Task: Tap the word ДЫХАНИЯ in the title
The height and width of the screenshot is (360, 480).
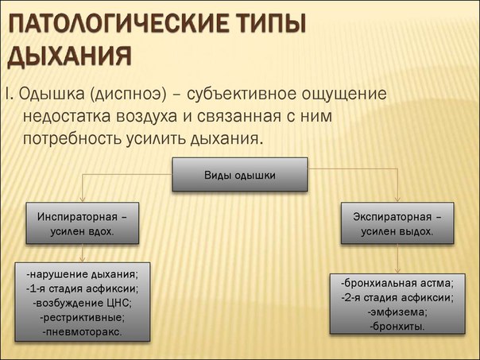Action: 69,57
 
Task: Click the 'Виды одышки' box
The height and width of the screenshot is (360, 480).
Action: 240,175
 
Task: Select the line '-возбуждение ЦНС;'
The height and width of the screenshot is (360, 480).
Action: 83,303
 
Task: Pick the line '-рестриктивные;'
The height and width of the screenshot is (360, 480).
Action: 83,317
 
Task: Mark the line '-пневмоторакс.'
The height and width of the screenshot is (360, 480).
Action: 83,331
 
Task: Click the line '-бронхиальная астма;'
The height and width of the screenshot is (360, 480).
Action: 397,283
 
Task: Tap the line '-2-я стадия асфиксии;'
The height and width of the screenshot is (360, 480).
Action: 397,297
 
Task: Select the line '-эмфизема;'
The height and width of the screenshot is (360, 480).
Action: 397,312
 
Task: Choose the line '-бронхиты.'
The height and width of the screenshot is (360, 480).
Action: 397,326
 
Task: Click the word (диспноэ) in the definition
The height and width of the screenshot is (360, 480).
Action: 131,95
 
